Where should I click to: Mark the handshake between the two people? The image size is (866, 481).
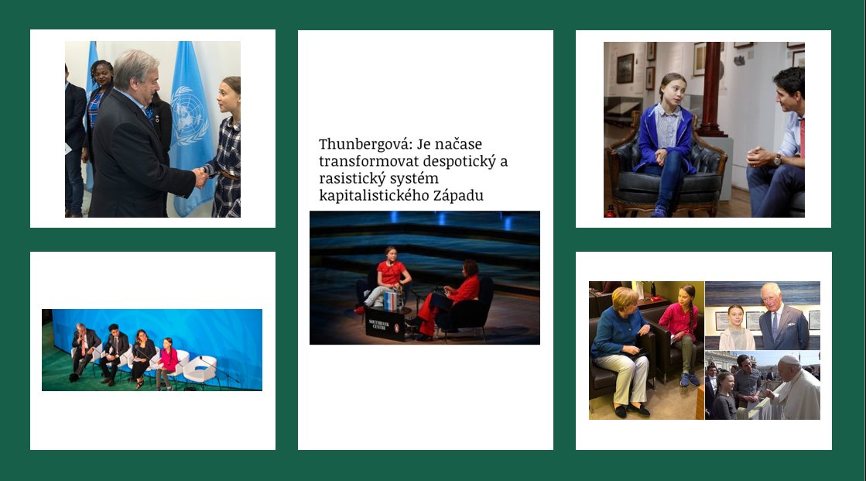(x=200, y=177)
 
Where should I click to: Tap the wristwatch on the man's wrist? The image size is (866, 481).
(x=777, y=159)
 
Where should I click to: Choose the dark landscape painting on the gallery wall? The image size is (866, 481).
(x=625, y=68)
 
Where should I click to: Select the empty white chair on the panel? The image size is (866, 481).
(x=199, y=369)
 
